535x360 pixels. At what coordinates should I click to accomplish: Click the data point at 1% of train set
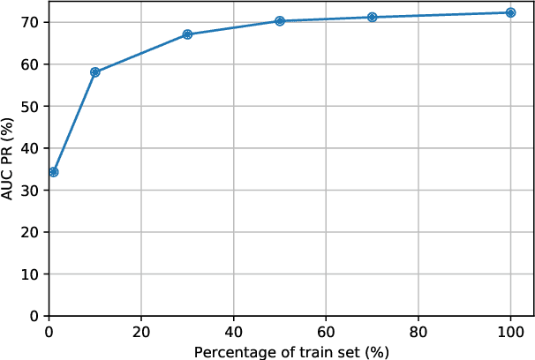[53, 172]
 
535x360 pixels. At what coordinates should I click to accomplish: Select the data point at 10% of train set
[95, 72]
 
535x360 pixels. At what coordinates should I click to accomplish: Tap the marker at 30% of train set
[187, 34]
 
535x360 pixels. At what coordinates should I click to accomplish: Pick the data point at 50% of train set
[280, 21]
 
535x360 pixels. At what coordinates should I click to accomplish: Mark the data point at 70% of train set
[372, 17]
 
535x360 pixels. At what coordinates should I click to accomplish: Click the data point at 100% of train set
[510, 12]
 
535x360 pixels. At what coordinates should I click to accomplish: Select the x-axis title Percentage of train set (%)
[291, 351]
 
